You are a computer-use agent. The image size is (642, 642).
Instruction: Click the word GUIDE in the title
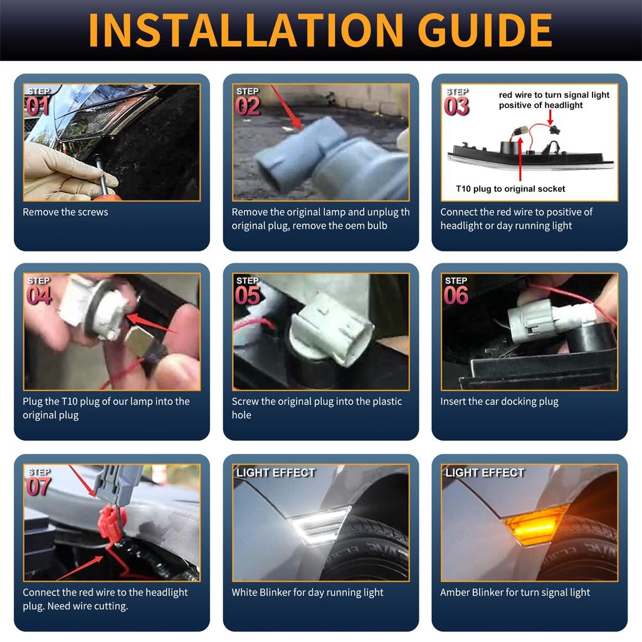[x=485, y=30]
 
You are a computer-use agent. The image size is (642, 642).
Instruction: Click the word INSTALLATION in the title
[x=246, y=30]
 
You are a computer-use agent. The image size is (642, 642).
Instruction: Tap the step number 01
[x=38, y=106]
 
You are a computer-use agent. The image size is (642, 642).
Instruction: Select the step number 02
[x=247, y=106]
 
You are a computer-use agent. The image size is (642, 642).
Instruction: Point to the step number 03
[x=456, y=107]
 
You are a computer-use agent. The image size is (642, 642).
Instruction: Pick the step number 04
[x=39, y=296]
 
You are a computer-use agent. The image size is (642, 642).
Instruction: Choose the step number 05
[x=247, y=296]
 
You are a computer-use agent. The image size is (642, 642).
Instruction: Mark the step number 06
[x=456, y=296]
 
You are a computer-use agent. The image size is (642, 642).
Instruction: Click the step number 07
[x=39, y=487]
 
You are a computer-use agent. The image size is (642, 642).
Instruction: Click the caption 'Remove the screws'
[x=65, y=212]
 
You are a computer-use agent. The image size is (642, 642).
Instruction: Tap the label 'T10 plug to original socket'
[x=510, y=189]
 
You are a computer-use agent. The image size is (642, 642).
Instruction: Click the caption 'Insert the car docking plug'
[x=499, y=402]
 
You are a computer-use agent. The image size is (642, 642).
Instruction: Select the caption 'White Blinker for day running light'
[x=307, y=592]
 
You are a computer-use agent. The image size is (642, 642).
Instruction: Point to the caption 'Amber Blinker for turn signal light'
[x=515, y=592]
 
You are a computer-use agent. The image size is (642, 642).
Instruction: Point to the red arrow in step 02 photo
[x=286, y=108]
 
